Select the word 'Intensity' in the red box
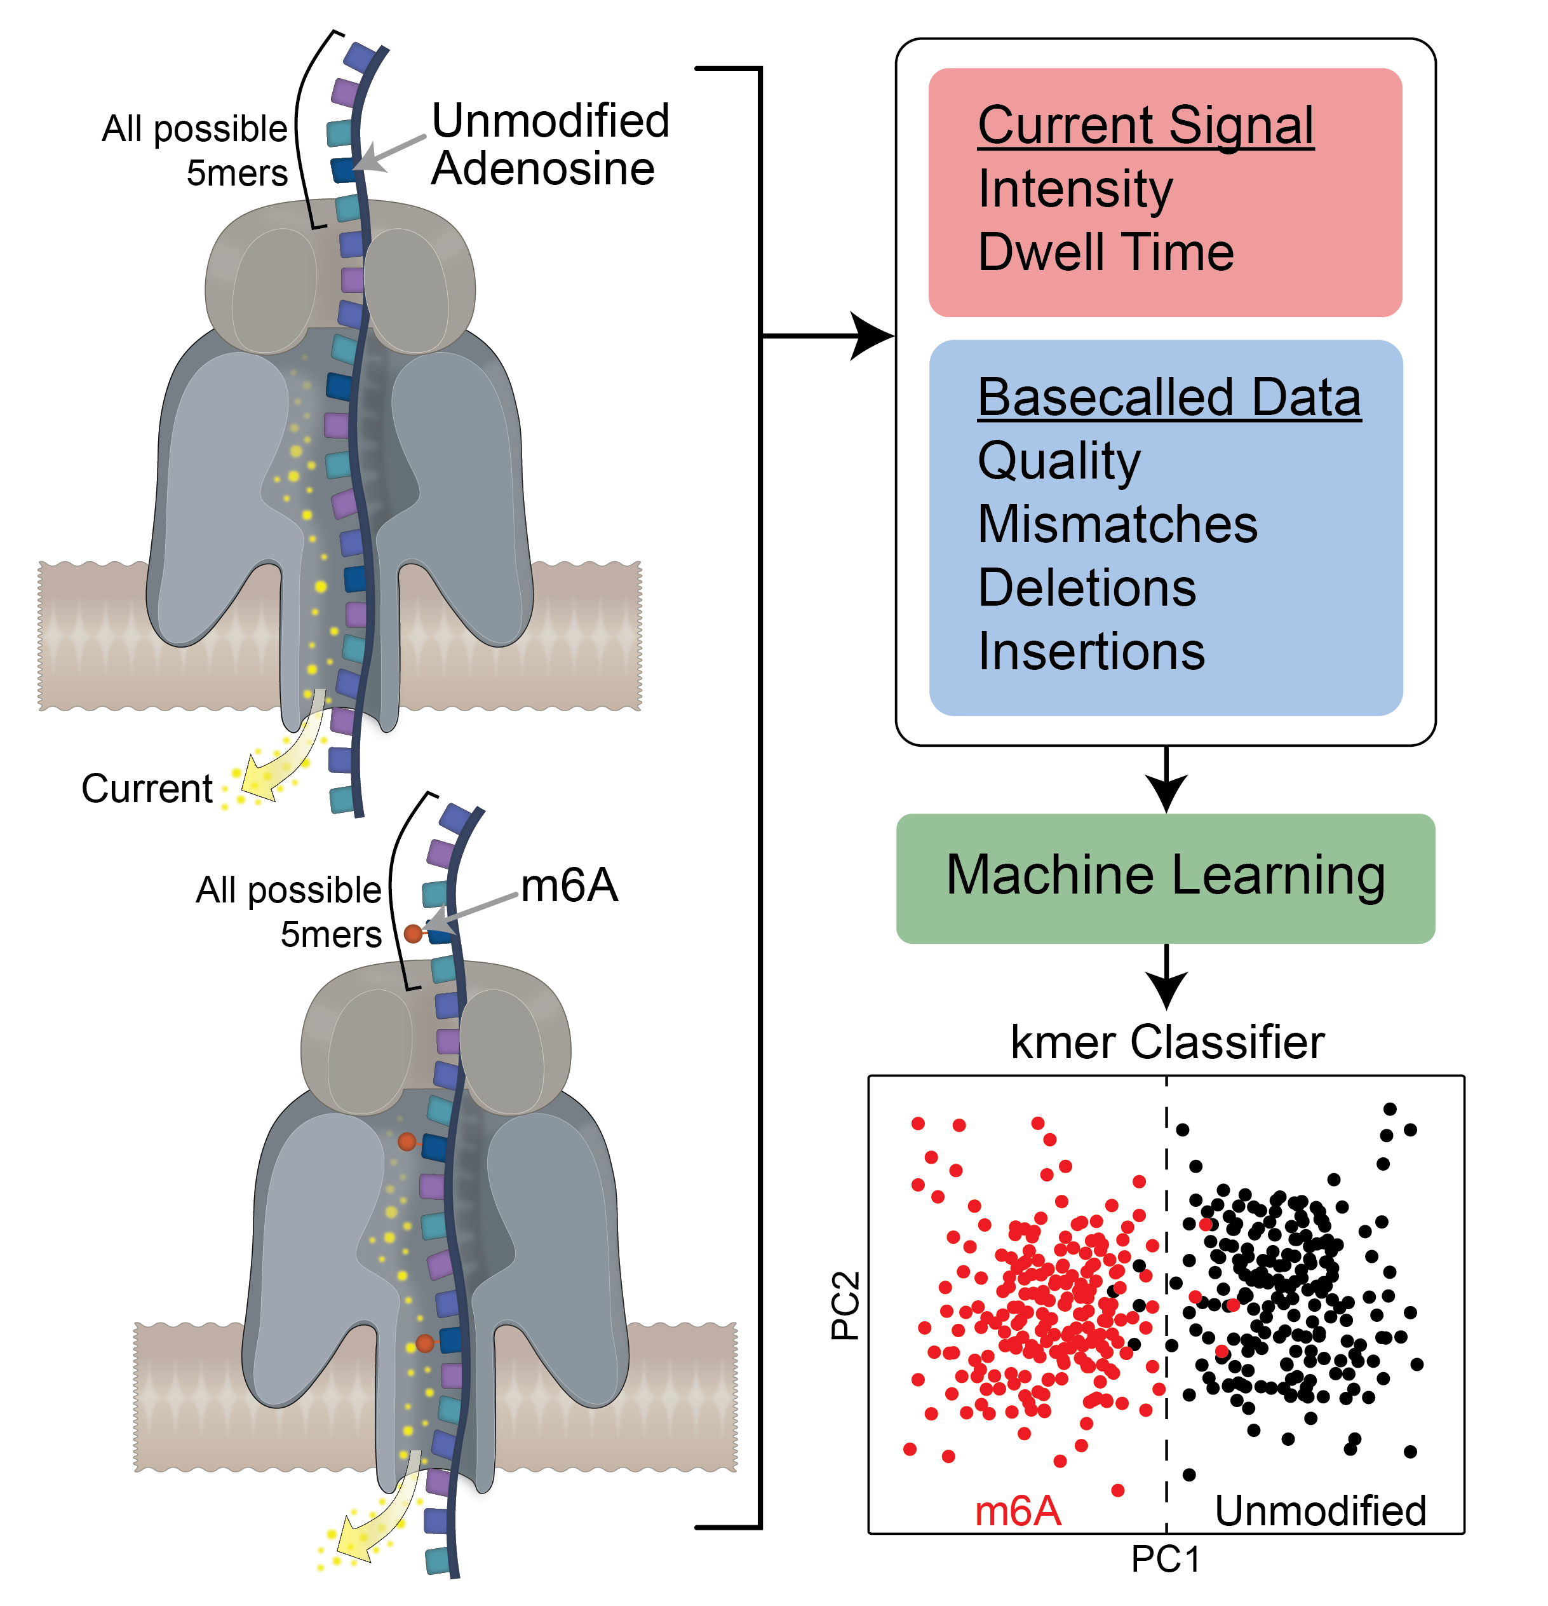(1075, 189)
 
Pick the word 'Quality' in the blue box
(1058, 461)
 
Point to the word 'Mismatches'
(1117, 524)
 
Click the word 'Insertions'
(1091, 651)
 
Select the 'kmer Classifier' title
(1166, 1042)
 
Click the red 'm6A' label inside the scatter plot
(1018, 1510)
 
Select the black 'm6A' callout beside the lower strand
(569, 886)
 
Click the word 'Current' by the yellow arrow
(147, 788)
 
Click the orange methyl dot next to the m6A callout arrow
(413, 932)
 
